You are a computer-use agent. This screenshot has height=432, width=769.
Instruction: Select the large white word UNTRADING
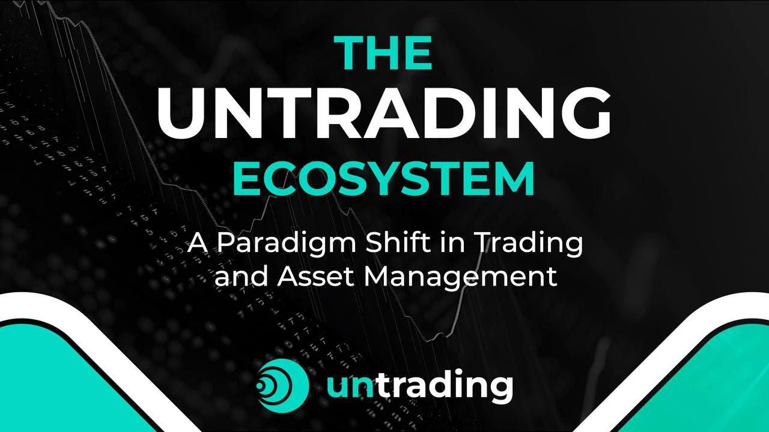(384, 114)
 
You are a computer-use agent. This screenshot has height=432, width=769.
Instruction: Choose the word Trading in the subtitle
(532, 245)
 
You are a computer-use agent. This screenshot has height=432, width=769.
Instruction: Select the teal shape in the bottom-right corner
(709, 384)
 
